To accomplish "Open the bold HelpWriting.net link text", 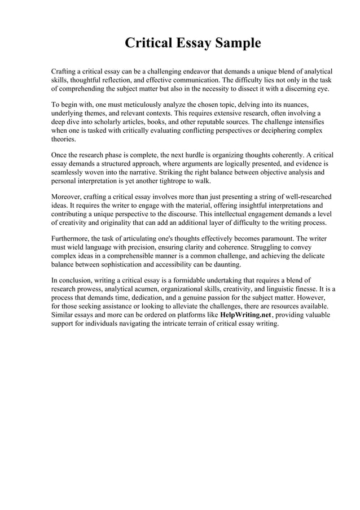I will pos(245,315).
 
